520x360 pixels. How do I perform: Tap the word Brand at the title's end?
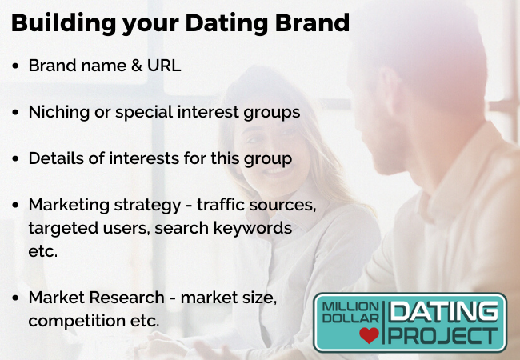312,22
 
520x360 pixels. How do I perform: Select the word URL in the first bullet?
164,66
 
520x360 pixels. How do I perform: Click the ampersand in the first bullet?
137,66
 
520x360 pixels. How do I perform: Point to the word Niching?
59,113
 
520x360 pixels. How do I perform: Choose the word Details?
56,158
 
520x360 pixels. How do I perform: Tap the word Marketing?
69,206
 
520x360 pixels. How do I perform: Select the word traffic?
221,205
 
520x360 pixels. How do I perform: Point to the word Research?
126,298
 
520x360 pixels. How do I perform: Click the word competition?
77,322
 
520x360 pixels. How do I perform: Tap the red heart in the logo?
369,335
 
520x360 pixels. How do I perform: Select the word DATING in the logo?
443,312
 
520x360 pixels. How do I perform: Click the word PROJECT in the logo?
443,335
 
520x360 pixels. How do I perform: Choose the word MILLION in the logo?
350,307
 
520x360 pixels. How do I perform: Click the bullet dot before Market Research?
15,298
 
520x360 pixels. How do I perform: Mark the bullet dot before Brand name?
15,66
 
